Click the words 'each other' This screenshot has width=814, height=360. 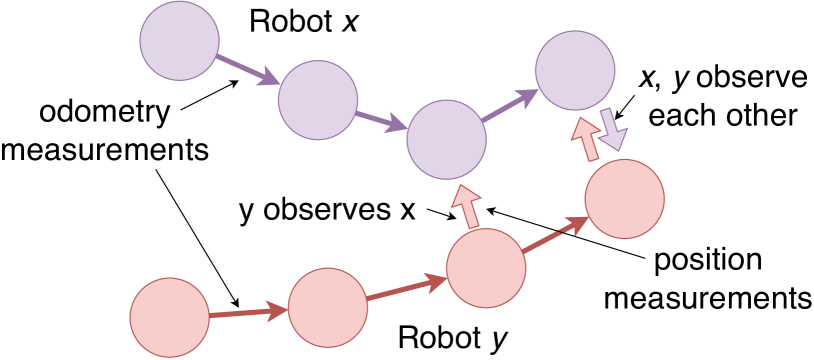(x=722, y=114)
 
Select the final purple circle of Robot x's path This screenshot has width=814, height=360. (x=574, y=70)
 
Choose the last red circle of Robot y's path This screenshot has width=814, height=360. (x=625, y=200)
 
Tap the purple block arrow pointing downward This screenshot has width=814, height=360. (x=612, y=129)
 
